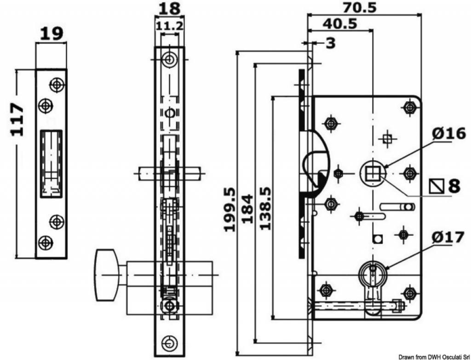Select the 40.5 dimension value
[x=340, y=23]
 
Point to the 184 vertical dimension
[x=248, y=209]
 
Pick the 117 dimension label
[x=17, y=120]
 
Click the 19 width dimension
[x=52, y=34]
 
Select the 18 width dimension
[x=170, y=9]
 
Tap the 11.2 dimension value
[x=170, y=26]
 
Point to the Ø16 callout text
[x=449, y=133]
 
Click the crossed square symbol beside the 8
[x=437, y=186]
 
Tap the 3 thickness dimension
[x=330, y=43]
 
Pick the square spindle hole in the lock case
[x=373, y=173]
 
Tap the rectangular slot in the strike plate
[x=52, y=163]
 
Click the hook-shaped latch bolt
[x=315, y=164]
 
